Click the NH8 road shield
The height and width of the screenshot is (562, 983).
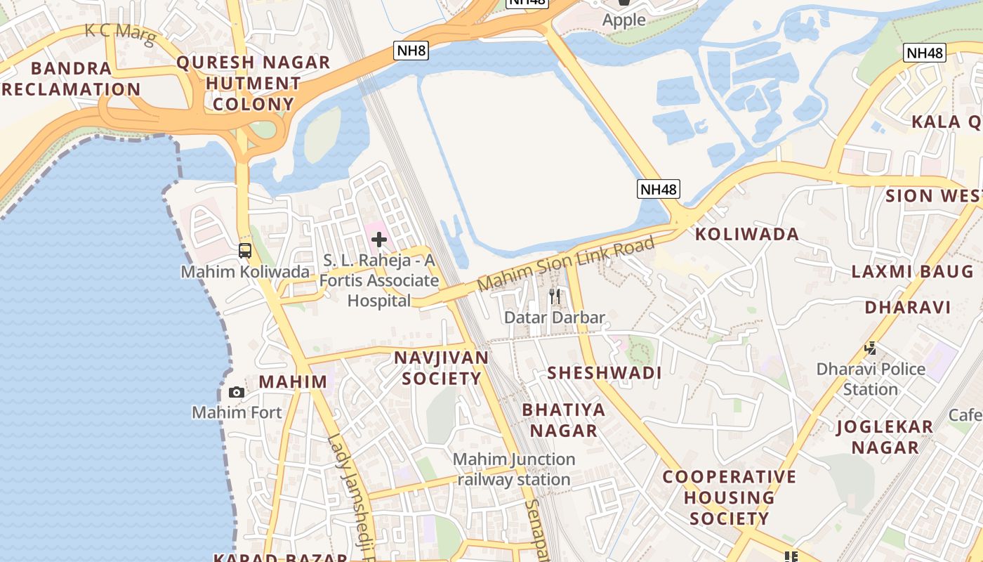point(410,50)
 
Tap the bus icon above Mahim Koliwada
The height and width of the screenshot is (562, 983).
point(245,251)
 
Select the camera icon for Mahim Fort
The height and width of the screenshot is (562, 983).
point(237,392)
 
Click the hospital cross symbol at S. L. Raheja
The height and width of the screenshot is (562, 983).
point(379,240)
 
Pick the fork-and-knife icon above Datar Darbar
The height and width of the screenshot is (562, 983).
point(555,296)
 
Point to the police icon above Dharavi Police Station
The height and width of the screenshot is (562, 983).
point(871,348)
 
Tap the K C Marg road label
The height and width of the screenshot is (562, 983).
point(119,32)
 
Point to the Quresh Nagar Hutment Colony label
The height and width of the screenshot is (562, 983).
point(253,83)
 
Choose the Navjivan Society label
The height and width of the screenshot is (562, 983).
point(441,367)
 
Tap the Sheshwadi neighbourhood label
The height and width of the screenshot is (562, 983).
point(605,372)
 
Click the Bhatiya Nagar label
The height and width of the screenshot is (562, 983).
point(563,419)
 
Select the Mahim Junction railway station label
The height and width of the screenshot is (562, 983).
point(514,469)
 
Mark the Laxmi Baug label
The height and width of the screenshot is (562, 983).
point(912,271)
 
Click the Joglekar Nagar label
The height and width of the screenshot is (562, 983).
point(885,436)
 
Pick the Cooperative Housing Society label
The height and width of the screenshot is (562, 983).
point(730,497)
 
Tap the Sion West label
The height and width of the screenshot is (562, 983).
point(933,195)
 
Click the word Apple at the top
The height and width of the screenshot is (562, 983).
point(624,20)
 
